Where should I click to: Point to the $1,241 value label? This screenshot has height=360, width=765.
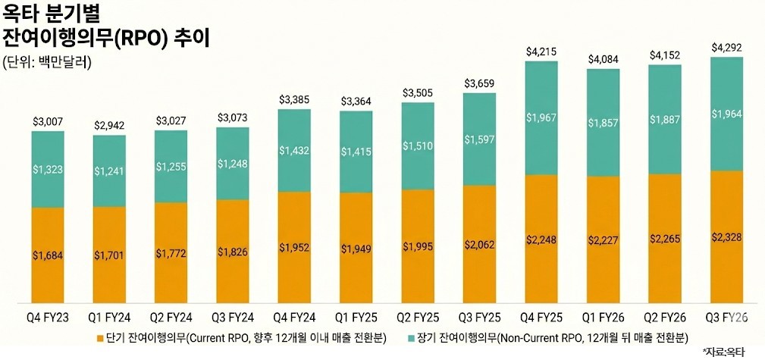pos(109,171)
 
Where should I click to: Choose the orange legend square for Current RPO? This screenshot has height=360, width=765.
pos(101,334)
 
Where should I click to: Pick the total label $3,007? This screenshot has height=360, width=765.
pos(48,121)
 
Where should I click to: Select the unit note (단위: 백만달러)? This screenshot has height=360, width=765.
pos(47,63)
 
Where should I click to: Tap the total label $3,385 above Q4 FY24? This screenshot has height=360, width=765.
pos(294,99)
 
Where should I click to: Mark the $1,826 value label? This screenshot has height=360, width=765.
pos(233,252)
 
